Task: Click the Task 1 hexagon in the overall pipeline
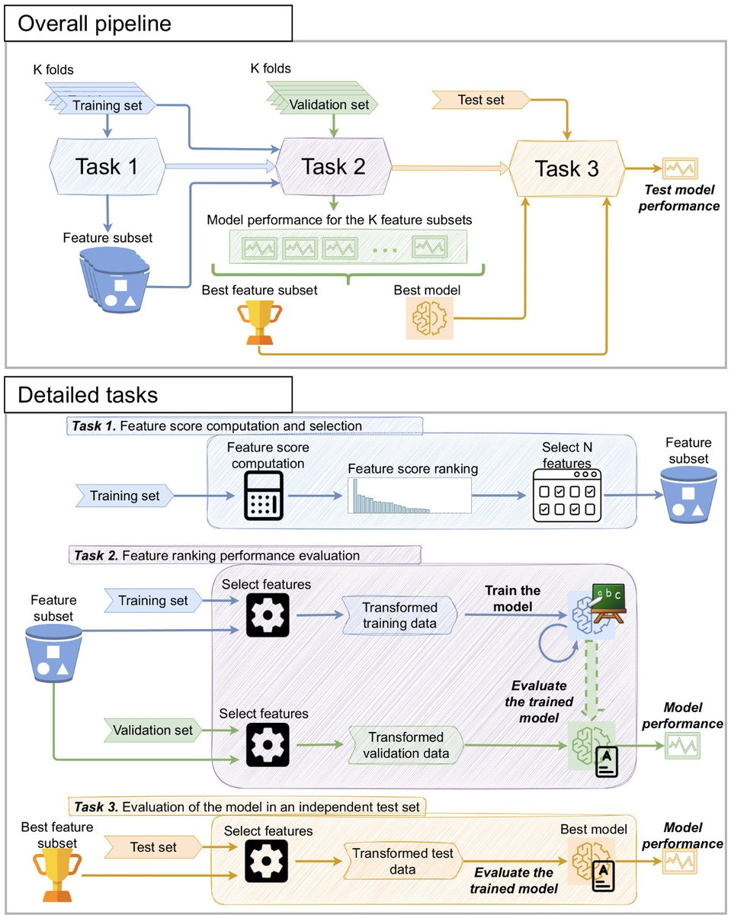[x=107, y=166]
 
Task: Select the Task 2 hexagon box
[x=334, y=166]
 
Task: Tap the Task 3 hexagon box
[x=567, y=169]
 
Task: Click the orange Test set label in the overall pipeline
[x=481, y=100]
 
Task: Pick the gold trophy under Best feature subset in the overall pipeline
[x=259, y=322]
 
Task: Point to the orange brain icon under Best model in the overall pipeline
[x=429, y=318]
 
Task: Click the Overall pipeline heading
[x=95, y=24]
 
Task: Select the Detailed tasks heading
[x=88, y=394]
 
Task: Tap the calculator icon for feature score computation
[x=264, y=496]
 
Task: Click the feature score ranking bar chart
[x=409, y=496]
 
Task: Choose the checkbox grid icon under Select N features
[x=567, y=496]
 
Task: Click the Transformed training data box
[x=399, y=615]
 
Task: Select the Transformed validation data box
[x=406, y=745]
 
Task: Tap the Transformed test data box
[x=402, y=861]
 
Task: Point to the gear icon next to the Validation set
[x=268, y=744]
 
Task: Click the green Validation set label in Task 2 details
[x=152, y=730]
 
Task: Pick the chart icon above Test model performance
[x=680, y=169]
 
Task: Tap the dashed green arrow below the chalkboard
[x=592, y=680]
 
